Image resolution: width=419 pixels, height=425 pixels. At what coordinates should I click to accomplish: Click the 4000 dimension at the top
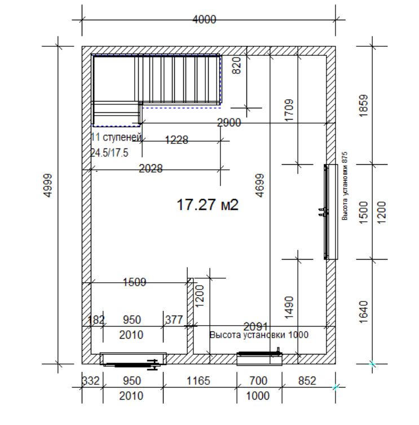coord(204,20)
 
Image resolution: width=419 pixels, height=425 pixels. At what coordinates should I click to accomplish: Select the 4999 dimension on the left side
coord(48,185)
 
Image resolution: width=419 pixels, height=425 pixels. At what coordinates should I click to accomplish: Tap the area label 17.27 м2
coord(208,204)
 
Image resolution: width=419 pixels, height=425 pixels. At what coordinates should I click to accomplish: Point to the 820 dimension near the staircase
coord(236,65)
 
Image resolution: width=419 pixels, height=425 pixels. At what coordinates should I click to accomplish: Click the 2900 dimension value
coord(229,122)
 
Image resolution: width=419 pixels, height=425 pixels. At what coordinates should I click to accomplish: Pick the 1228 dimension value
coord(177,140)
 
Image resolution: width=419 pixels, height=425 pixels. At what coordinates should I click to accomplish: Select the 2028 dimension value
coord(151,169)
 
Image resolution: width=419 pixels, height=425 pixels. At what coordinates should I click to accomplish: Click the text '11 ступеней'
coord(116,137)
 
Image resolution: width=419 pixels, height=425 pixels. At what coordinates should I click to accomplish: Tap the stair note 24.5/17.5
coord(109,153)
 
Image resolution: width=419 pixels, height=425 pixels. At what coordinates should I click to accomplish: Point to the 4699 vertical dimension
coord(259,185)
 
